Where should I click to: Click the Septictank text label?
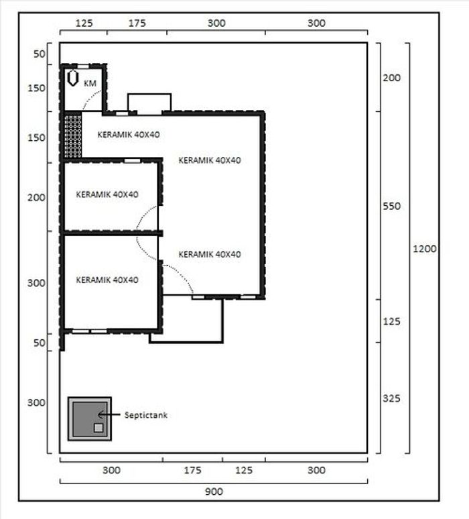(x=146, y=415)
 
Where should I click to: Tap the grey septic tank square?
(x=90, y=419)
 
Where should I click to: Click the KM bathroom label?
(x=90, y=83)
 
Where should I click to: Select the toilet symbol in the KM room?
(x=73, y=78)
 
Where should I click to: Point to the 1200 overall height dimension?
(x=425, y=249)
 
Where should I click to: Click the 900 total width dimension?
(x=214, y=492)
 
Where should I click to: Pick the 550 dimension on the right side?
(x=391, y=206)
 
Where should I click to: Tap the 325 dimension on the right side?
(x=391, y=398)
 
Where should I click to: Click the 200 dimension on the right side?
(x=391, y=78)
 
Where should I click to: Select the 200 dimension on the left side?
(x=36, y=198)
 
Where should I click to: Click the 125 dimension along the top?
(x=84, y=23)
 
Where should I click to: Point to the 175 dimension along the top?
(x=137, y=23)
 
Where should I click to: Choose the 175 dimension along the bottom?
(x=192, y=470)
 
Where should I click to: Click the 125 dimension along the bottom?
(x=244, y=470)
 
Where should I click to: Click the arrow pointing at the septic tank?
(x=109, y=414)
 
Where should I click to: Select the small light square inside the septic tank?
(x=98, y=428)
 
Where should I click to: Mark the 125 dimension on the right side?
(x=391, y=321)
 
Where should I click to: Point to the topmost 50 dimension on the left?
(x=39, y=54)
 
